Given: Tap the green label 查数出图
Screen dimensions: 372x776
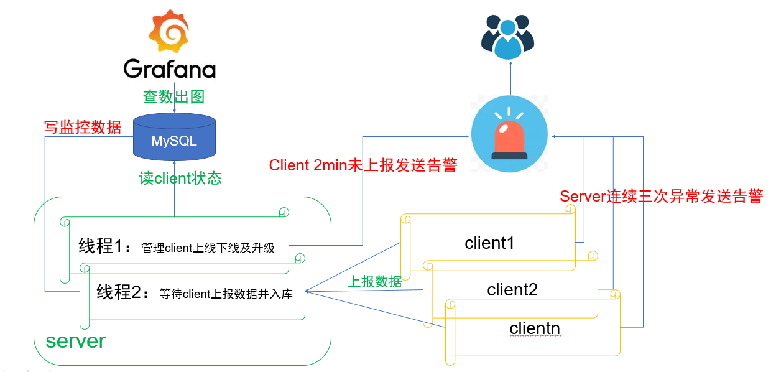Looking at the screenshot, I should [173, 97].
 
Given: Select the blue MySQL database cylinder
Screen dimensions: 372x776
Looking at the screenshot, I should [174, 136].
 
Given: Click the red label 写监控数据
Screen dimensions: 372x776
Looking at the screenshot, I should [82, 127].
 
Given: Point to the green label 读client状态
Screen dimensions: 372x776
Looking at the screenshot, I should [180, 179].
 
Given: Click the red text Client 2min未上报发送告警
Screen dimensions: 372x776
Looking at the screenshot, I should [363, 165].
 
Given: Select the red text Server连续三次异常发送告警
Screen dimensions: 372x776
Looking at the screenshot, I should [661, 197].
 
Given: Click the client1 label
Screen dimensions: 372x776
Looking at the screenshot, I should [489, 243].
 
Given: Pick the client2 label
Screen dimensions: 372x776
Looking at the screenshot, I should [512, 289].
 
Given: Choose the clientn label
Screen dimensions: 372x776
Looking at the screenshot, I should [535, 328].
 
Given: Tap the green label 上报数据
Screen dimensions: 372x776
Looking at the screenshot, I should [374, 281].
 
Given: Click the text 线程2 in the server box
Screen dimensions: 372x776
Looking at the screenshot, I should [122, 293].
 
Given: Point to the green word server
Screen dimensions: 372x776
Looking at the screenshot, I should [76, 341].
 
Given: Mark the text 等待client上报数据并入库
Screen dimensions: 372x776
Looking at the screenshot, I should [226, 294].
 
